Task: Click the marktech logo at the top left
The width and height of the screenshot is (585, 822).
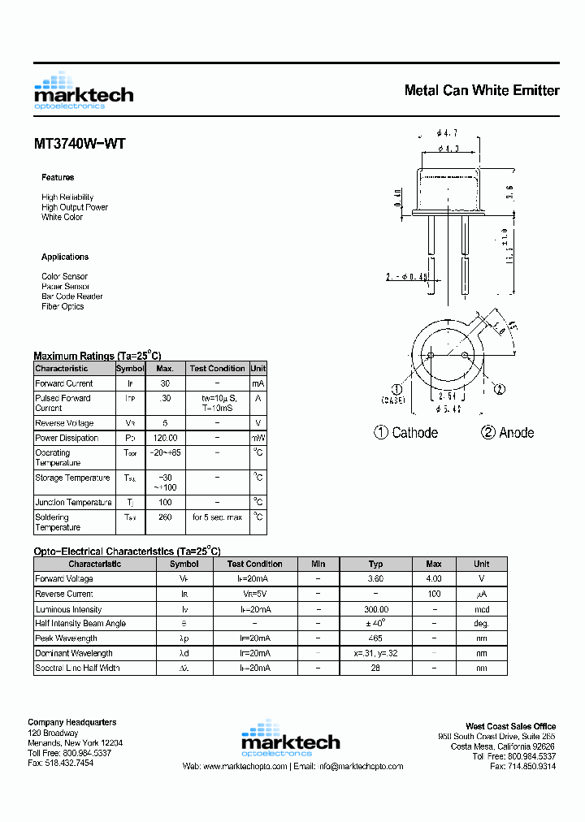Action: pos(83,92)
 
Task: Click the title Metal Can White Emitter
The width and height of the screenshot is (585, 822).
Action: pos(481,90)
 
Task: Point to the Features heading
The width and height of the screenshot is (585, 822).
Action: pos(58,177)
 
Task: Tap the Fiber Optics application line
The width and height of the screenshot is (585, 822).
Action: pos(63,306)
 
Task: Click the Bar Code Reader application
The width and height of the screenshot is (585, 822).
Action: pos(72,296)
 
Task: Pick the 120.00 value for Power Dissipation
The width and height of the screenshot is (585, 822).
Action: pos(165,438)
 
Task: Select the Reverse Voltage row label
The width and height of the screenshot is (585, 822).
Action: pos(64,423)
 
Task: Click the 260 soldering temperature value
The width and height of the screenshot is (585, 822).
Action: pos(165,517)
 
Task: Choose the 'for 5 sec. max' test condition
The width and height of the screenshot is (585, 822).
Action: pos(217,517)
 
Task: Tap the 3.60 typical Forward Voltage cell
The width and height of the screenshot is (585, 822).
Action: pos(375,579)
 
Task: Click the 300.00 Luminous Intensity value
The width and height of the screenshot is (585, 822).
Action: pos(375,609)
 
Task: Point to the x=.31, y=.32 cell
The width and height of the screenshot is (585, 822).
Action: pos(375,653)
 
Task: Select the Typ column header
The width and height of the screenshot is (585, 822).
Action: pos(375,564)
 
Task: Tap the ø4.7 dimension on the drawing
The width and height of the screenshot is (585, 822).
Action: pos(448,132)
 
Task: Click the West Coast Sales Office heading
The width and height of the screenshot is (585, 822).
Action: pos(510,726)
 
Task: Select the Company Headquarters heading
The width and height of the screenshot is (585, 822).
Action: pos(71,722)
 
